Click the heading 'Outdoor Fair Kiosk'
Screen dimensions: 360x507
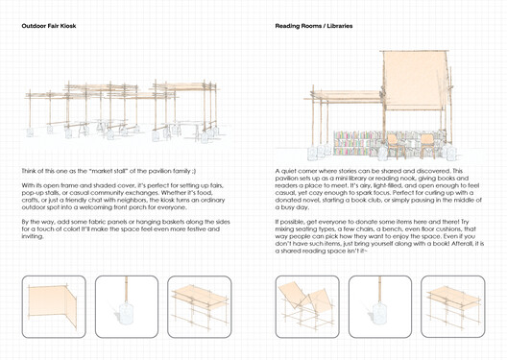pyautogui.click(x=49, y=26)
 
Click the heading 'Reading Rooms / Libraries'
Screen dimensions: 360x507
pyautogui.click(x=313, y=26)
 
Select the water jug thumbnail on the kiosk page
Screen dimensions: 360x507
pyautogui.click(x=126, y=306)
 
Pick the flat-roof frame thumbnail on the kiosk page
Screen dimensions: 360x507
pyautogui.click(x=200, y=306)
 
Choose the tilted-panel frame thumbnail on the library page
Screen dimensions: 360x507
pyautogui.click(x=306, y=306)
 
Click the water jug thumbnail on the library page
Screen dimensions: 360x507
pyautogui.click(x=380, y=306)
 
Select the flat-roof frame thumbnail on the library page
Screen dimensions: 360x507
pyautogui.click(x=453, y=306)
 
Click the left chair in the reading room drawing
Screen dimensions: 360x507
pyautogui.click(x=395, y=145)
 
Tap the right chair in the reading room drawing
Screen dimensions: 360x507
pyautogui.click(x=426, y=145)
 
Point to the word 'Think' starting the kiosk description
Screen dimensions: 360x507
pyautogui.click(x=30, y=170)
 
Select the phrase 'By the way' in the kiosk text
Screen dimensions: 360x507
pyautogui.click(x=38, y=220)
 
